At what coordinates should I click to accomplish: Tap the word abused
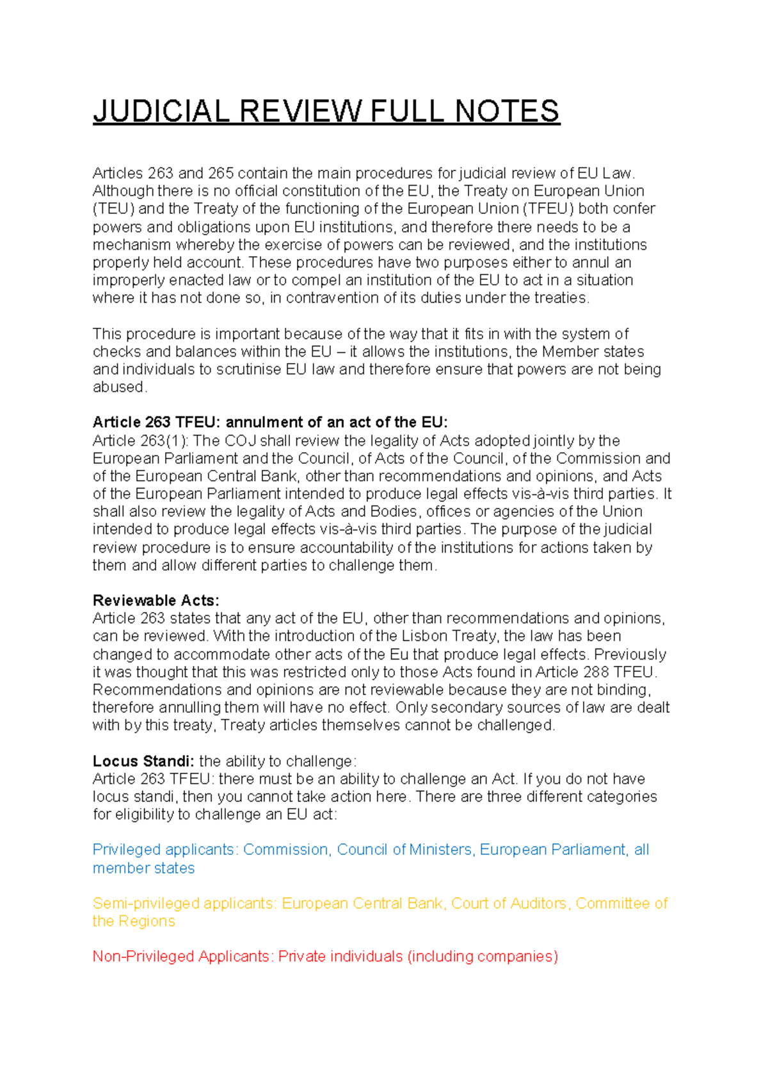point(118,387)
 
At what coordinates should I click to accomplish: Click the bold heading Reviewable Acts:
point(156,601)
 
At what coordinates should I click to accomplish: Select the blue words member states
point(143,868)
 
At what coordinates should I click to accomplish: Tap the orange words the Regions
point(133,921)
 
